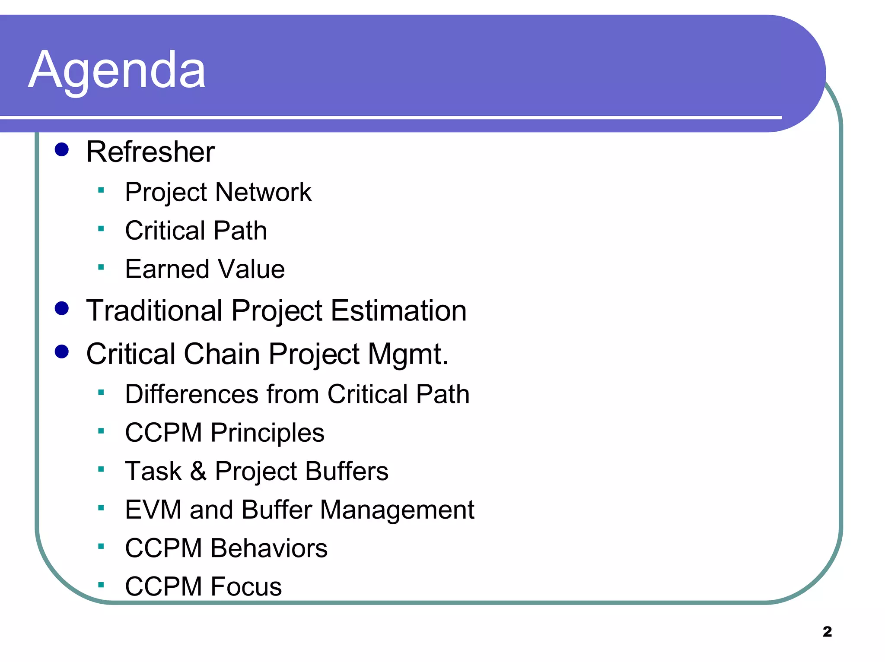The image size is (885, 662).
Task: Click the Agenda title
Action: click(x=117, y=70)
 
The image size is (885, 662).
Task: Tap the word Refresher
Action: click(x=150, y=152)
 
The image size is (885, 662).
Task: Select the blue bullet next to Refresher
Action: click(x=62, y=150)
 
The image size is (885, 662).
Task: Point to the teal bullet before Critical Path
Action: click(x=101, y=229)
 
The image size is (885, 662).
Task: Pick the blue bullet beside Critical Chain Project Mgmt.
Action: click(x=62, y=352)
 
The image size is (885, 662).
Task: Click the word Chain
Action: click(x=222, y=354)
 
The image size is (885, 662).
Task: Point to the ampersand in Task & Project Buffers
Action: click(x=198, y=471)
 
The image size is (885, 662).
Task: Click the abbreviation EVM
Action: click(x=153, y=510)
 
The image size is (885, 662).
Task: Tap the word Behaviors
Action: click(x=269, y=548)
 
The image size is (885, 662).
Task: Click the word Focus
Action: click(x=246, y=587)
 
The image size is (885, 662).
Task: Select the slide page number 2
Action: click(x=827, y=632)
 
